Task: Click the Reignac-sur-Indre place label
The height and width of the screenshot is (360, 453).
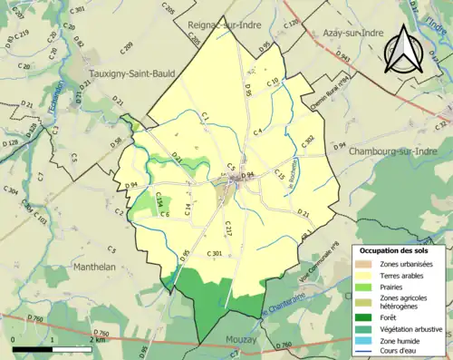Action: tap(218, 27)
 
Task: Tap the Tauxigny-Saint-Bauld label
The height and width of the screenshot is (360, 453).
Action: tap(130, 77)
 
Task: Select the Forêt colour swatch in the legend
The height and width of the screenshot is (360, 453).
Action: tap(365, 316)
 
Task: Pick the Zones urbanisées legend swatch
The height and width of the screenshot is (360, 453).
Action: tap(365, 263)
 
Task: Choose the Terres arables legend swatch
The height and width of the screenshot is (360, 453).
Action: tap(365, 274)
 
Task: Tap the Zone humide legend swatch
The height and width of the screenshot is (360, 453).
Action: tap(365, 342)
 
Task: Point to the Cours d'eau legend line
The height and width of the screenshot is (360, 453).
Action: tap(365, 353)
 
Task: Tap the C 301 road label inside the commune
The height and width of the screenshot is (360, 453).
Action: tap(215, 252)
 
